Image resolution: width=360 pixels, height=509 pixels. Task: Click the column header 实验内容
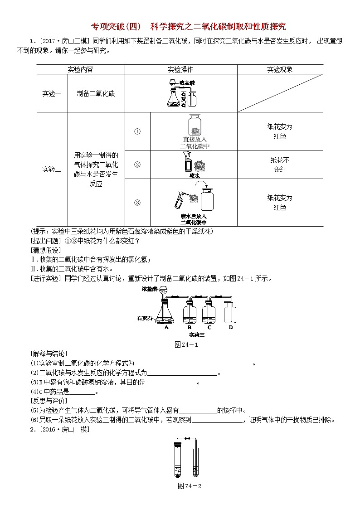point(80,69)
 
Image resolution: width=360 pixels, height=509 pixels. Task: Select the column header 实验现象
point(280,69)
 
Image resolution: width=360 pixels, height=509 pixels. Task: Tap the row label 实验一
point(52,93)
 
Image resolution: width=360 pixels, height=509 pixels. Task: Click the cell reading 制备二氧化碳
point(96,93)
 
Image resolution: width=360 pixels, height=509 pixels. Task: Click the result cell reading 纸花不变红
point(280,165)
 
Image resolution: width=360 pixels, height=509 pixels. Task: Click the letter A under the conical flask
point(166,326)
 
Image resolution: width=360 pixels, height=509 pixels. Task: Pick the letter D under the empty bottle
point(231,326)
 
